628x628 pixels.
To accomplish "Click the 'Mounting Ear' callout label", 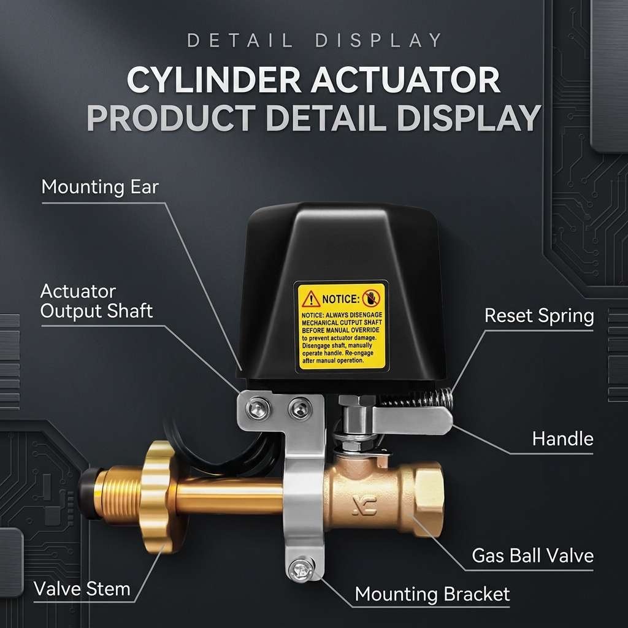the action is click(100, 187).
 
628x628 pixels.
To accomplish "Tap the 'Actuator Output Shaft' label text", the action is click(96, 301).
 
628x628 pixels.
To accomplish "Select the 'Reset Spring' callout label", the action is click(539, 316).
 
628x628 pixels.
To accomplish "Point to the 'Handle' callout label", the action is click(563, 439).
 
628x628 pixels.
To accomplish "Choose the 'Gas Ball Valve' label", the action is click(533, 556).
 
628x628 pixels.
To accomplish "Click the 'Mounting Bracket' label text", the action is click(432, 594).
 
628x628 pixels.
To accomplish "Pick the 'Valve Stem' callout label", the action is click(82, 589).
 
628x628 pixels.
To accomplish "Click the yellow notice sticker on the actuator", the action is click(341, 326).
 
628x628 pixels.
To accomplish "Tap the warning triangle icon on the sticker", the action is click(311, 299).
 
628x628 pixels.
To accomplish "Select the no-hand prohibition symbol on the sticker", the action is click(371, 298).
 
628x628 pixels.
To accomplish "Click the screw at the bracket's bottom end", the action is click(301, 570).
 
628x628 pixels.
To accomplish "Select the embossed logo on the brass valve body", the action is click(365, 505).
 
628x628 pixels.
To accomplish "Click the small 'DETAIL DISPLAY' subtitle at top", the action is click(315, 40).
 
